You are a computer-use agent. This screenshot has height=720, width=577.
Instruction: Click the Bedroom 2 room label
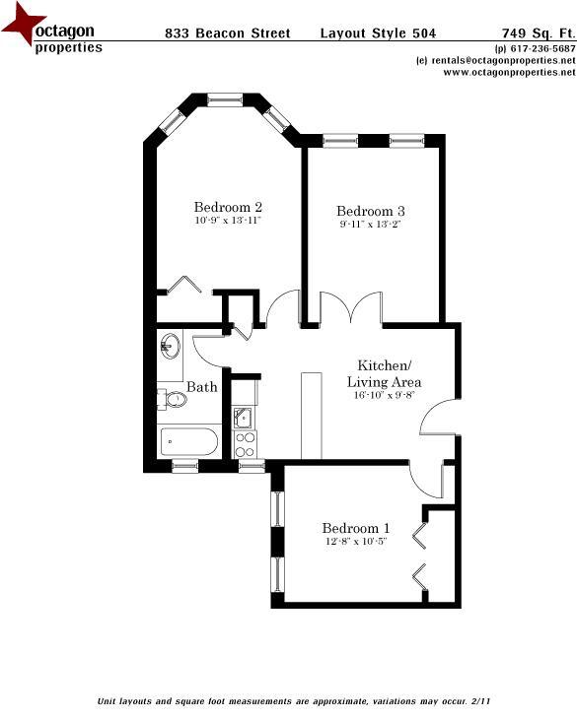pos(227,208)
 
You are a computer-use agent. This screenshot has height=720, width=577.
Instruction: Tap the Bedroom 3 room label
pos(371,212)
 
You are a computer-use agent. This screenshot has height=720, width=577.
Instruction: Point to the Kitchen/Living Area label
pos(390,373)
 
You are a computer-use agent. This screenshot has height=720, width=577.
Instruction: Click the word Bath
pos(202,387)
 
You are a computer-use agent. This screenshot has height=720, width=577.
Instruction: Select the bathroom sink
pos(169,346)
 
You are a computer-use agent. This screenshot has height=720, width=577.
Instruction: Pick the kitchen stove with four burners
pos(245,444)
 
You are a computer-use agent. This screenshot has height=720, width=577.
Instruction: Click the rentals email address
pos(496,60)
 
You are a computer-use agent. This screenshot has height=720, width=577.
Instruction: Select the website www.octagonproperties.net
pos(502,72)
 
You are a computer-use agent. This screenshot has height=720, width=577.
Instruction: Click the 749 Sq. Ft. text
pos(538,33)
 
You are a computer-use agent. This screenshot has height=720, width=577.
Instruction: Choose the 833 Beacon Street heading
pos(227,33)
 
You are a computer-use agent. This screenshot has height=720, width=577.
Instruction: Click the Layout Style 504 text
pos(378,33)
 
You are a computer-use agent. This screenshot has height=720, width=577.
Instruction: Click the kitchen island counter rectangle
pos(312,415)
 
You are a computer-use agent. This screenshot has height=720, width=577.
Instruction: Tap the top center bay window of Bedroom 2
pos(224,98)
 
